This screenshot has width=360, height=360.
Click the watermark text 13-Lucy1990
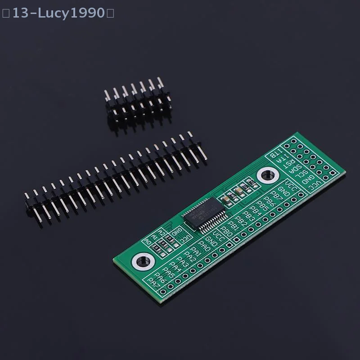click(x=58, y=13)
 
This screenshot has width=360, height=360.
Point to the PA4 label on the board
click(x=176, y=269)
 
